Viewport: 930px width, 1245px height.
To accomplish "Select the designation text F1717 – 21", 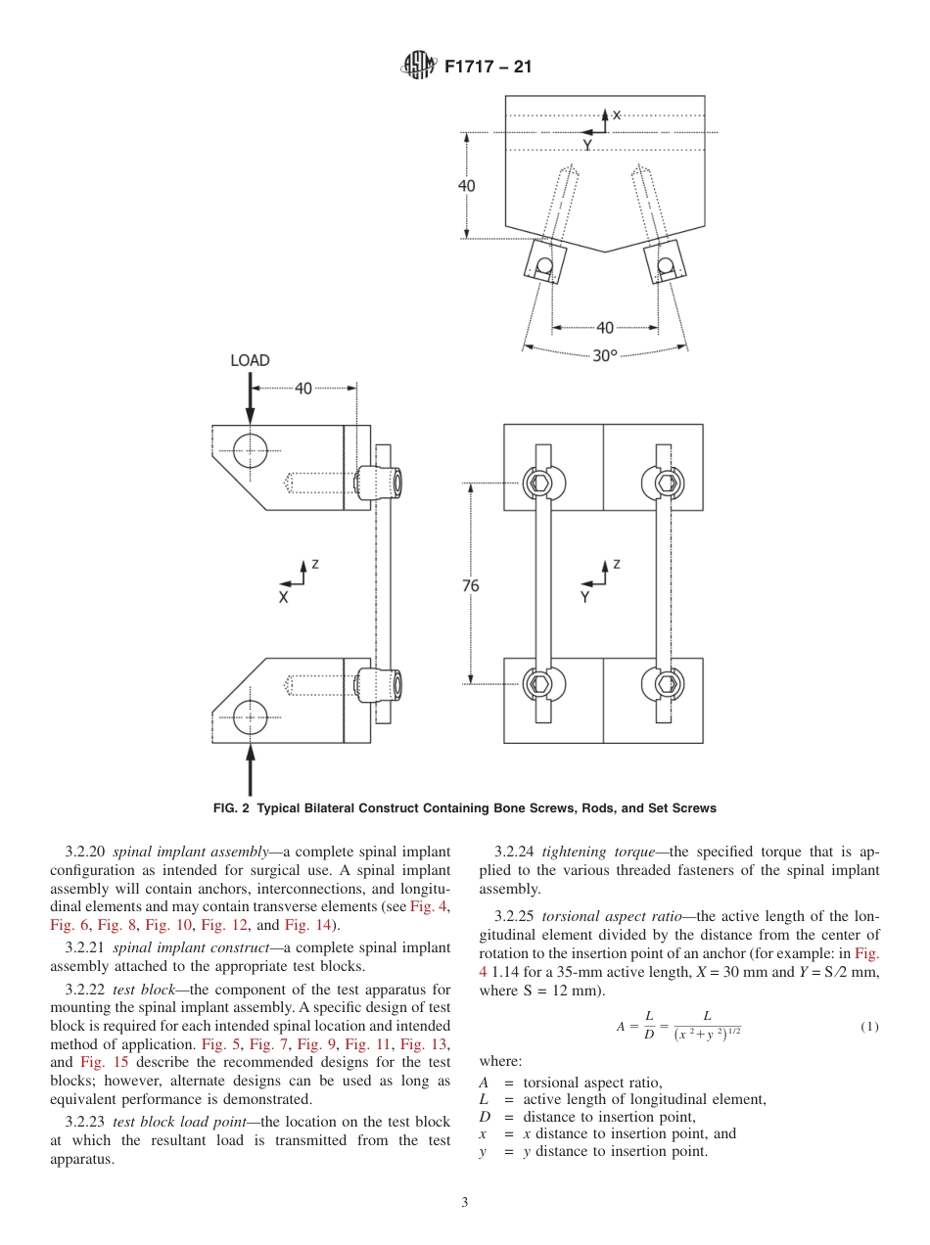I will coord(488,68).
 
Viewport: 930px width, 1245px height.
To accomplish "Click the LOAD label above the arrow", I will coord(250,360).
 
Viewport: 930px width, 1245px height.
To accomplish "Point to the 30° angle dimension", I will coord(605,355).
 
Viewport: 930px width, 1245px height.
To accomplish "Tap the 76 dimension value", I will coord(471,585).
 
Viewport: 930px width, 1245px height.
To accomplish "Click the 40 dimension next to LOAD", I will coord(303,389).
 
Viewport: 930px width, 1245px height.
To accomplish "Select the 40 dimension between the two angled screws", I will coord(605,328).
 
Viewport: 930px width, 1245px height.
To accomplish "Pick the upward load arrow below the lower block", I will coord(251,768).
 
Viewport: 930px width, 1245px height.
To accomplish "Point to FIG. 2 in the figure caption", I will coord(233,808).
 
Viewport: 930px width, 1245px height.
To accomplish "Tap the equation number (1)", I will coord(869,1027).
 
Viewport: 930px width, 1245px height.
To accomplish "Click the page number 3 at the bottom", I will coord(465,1203).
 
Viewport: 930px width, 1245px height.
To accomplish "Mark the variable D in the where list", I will coord(484,1117).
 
